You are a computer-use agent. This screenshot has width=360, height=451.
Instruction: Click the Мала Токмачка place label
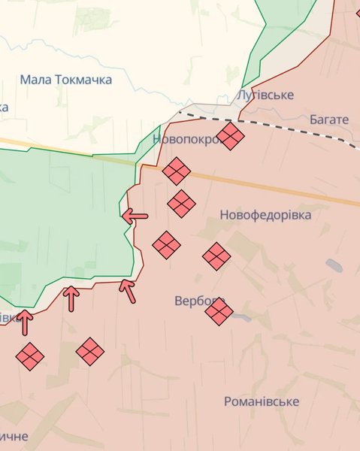tap(66, 80)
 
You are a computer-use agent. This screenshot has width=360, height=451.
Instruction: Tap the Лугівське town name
tap(265, 95)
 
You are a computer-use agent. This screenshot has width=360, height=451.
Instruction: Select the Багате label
tap(329, 120)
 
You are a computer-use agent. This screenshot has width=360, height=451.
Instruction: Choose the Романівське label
tap(261, 402)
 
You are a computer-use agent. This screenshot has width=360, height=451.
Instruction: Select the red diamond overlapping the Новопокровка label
tap(230, 137)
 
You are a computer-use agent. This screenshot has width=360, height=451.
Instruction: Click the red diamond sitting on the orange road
tap(177, 171)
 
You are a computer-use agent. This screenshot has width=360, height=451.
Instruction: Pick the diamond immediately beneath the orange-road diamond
tap(181, 203)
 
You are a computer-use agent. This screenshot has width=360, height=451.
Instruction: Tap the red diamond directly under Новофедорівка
tap(216, 256)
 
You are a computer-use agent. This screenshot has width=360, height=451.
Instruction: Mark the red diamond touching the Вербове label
tap(219, 311)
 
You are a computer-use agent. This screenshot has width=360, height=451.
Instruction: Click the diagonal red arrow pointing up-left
tap(129, 290)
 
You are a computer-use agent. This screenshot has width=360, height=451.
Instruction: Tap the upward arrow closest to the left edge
tap(25, 322)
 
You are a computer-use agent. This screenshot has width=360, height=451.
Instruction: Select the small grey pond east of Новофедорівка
tap(334, 265)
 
